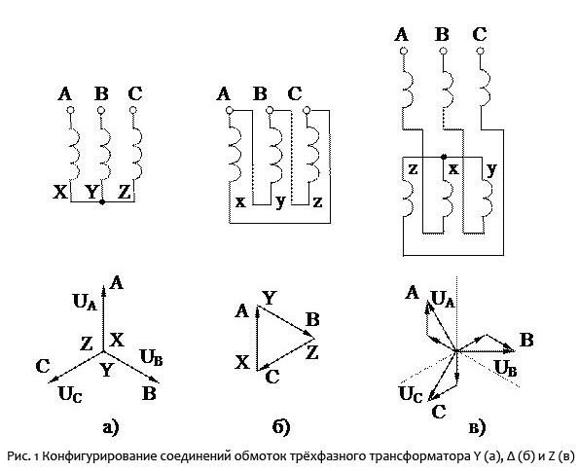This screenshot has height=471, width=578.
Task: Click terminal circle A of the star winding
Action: [71, 110]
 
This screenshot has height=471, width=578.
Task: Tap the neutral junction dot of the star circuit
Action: [102, 202]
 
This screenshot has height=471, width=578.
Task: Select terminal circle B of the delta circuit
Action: [270, 110]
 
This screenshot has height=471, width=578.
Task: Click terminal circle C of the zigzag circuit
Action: [480, 51]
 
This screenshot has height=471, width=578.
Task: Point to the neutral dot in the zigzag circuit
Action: [444, 157]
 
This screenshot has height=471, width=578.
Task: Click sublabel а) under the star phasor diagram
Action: [111, 428]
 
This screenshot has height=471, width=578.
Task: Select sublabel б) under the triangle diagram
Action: [281, 428]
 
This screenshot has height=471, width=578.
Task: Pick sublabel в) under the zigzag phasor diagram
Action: [477, 428]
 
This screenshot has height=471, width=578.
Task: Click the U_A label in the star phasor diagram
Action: [86, 302]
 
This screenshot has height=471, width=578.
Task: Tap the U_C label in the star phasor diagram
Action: [70, 395]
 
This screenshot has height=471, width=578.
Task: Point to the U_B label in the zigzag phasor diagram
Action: [505, 368]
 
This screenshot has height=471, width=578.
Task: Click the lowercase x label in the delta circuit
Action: [240, 202]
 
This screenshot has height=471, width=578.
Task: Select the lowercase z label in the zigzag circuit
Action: [414, 169]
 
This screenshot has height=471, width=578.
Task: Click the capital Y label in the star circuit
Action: [91, 193]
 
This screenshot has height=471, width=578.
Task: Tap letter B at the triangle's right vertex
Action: [312, 319]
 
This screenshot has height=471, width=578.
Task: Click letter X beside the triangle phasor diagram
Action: [242, 363]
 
